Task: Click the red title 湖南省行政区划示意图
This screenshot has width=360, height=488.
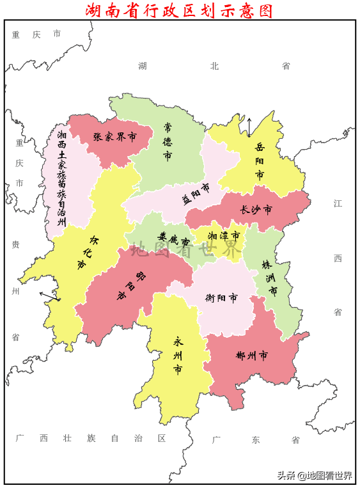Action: coord(180,10)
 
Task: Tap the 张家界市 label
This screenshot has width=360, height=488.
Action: coord(115,136)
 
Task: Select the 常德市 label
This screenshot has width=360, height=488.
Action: coord(168,141)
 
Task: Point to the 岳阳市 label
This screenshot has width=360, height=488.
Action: coord(260,161)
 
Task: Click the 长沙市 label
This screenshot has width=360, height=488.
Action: coord(256,209)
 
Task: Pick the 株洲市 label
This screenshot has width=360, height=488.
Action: coord(270,277)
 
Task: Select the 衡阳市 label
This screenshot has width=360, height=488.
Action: coord(221,297)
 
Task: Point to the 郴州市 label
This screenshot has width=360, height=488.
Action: coord(251,356)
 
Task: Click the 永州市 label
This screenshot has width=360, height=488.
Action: coord(178,356)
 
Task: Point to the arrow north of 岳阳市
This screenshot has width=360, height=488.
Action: coord(249,127)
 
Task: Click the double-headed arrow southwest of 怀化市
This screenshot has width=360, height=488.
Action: coord(49,295)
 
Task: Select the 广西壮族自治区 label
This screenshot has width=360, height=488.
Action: coord(91,438)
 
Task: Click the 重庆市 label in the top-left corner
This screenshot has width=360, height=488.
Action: coord(36,34)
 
